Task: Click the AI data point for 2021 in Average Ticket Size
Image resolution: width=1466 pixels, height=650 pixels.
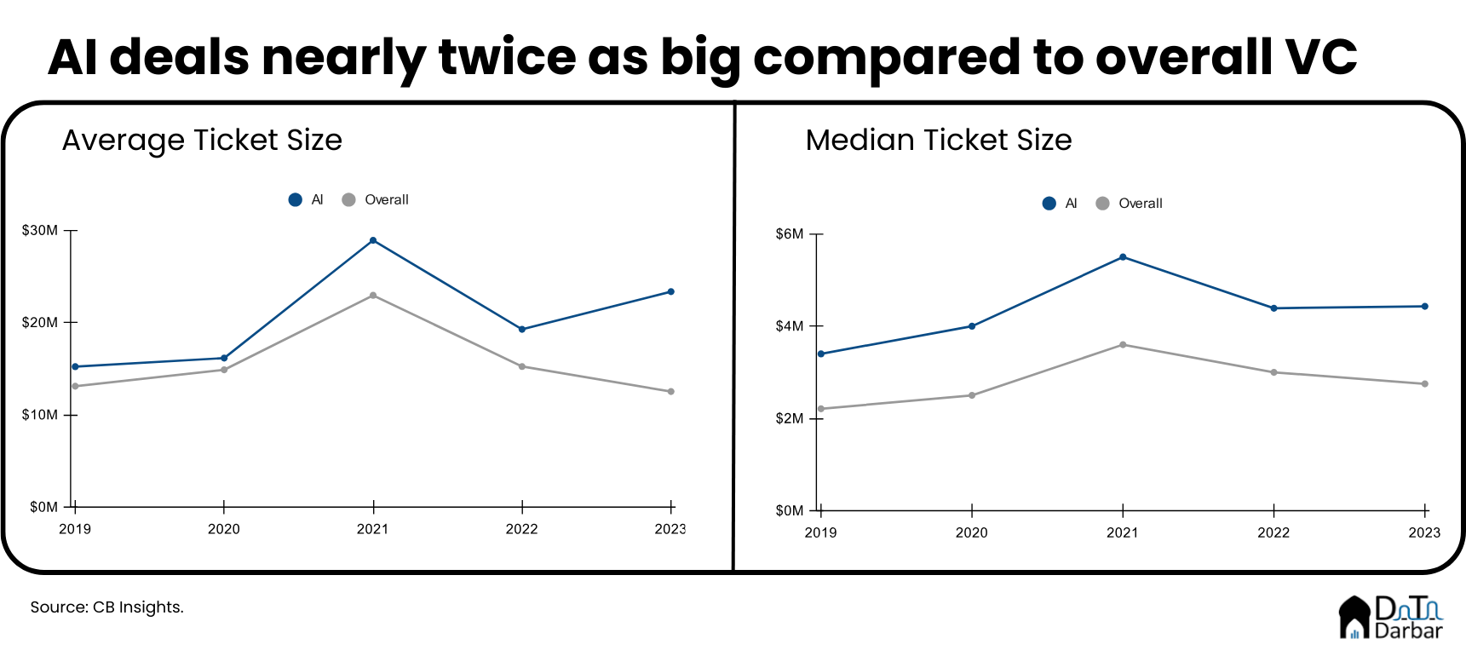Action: click(x=373, y=240)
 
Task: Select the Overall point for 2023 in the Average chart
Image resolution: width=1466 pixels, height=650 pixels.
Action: click(x=671, y=392)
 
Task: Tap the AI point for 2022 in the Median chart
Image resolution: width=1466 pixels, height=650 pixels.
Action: click(x=1273, y=308)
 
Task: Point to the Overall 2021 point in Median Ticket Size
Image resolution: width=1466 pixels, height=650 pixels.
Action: click(x=1123, y=345)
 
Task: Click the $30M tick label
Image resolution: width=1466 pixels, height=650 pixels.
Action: click(x=40, y=230)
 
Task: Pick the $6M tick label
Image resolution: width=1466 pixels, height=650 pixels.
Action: click(x=790, y=234)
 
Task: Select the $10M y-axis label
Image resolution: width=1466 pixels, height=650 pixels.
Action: click(x=40, y=415)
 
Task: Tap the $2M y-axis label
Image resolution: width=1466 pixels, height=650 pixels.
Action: click(x=790, y=418)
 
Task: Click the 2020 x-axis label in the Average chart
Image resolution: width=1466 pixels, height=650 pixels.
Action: click(x=224, y=529)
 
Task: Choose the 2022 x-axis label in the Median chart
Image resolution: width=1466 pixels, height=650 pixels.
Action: click(x=1273, y=532)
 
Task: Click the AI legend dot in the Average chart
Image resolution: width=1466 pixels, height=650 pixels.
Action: click(x=296, y=200)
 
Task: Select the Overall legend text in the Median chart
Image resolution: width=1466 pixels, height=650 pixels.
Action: click(x=1141, y=204)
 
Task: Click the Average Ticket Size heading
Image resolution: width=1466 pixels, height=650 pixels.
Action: click(x=202, y=141)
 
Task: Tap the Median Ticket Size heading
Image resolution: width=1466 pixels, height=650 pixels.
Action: click(x=939, y=141)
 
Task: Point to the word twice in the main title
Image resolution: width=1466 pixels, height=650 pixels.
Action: click(x=508, y=57)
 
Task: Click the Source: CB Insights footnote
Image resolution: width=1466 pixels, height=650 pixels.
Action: click(x=107, y=607)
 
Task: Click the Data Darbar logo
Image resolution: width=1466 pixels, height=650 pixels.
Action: click(x=1390, y=617)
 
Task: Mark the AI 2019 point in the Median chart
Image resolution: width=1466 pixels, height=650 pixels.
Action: click(x=820, y=354)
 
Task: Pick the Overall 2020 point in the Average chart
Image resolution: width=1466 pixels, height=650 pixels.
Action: click(x=224, y=370)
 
